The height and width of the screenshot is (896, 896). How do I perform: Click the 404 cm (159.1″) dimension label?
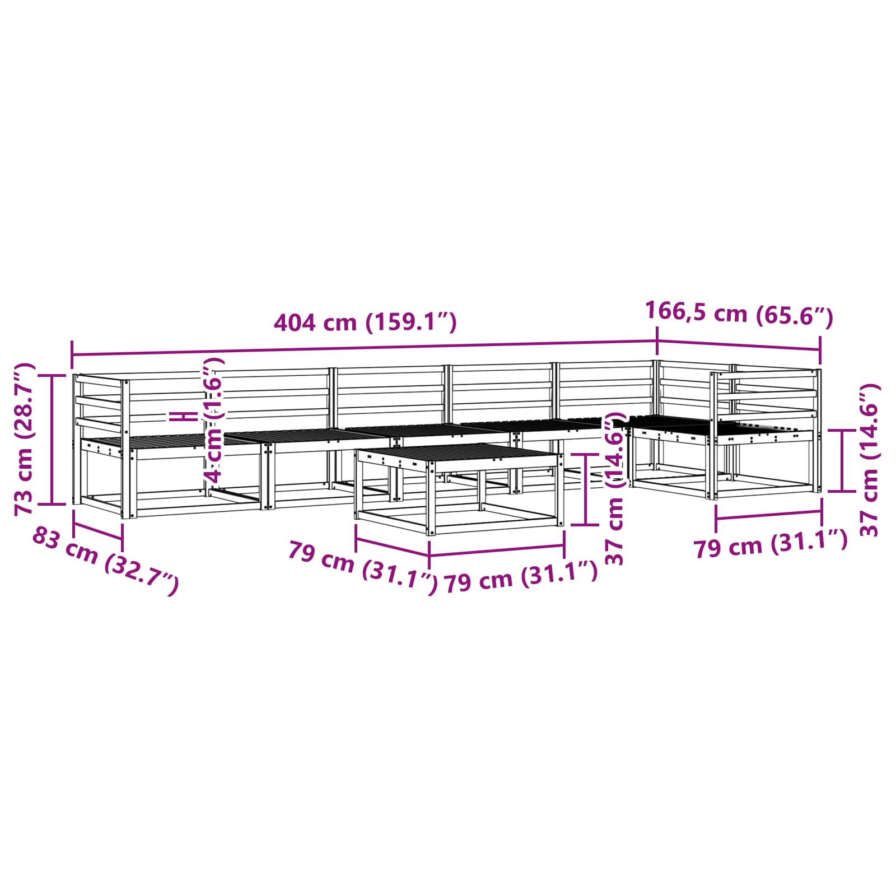tap(365, 323)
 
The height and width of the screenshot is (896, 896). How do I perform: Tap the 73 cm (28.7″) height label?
tap(25, 439)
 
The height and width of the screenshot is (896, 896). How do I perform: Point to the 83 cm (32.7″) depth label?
tap(105, 561)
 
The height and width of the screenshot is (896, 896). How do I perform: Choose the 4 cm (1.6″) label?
tap(214, 421)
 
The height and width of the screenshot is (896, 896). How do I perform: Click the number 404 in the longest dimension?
tap(295, 323)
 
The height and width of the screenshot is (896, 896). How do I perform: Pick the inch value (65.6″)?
tap(794, 316)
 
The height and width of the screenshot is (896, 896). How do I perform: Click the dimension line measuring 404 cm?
tap(364, 347)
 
